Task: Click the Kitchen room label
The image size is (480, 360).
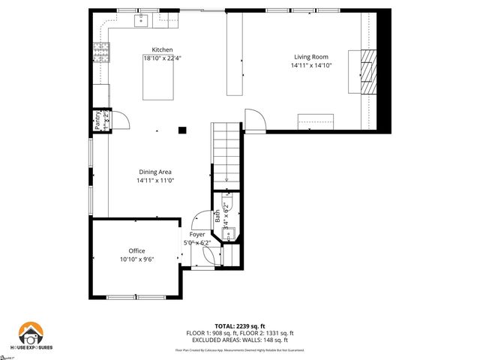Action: (x=163, y=49)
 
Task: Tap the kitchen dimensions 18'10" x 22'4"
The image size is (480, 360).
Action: (x=163, y=58)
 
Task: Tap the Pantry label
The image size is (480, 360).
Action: (x=97, y=120)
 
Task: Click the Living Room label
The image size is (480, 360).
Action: (x=311, y=56)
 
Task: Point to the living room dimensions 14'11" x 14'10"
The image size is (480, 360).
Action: (x=311, y=65)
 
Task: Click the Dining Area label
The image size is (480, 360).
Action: (x=154, y=172)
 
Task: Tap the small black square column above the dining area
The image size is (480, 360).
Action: (x=182, y=130)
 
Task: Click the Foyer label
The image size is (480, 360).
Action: (x=197, y=235)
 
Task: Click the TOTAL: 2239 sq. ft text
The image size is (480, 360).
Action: (x=240, y=326)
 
